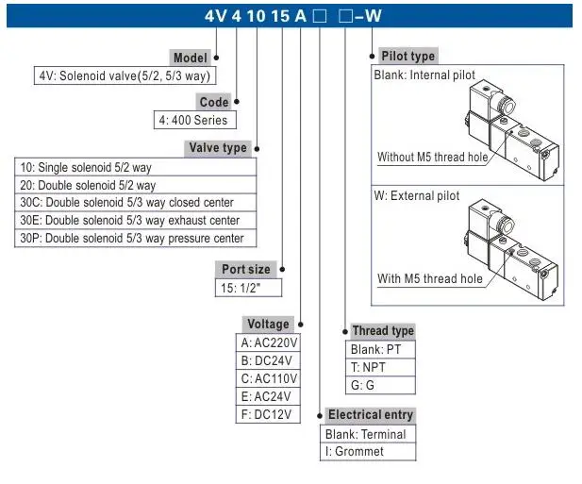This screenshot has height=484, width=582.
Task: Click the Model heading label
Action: (190, 58)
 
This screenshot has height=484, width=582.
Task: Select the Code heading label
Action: (214, 102)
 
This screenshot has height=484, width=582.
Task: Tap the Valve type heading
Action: (218, 147)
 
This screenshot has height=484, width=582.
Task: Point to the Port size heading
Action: (245, 269)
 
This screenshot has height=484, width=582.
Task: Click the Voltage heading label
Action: (267, 325)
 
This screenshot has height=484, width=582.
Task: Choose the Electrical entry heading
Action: (370, 415)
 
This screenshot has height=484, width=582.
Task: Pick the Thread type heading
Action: (382, 331)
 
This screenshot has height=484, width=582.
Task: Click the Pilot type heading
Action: (407, 57)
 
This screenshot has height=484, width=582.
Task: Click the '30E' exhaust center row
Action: (129, 221)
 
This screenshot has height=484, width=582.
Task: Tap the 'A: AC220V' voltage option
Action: (269, 343)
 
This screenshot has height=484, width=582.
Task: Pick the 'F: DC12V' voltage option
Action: (266, 414)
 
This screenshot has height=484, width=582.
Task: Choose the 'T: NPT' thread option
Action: (368, 367)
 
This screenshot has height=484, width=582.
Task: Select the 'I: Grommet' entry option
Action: (355, 452)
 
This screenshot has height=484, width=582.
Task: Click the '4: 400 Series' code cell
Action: (192, 121)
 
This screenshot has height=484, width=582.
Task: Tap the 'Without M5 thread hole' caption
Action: (432, 158)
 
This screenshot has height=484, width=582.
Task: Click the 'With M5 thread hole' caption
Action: (429, 278)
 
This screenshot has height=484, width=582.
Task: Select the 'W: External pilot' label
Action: (418, 196)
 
